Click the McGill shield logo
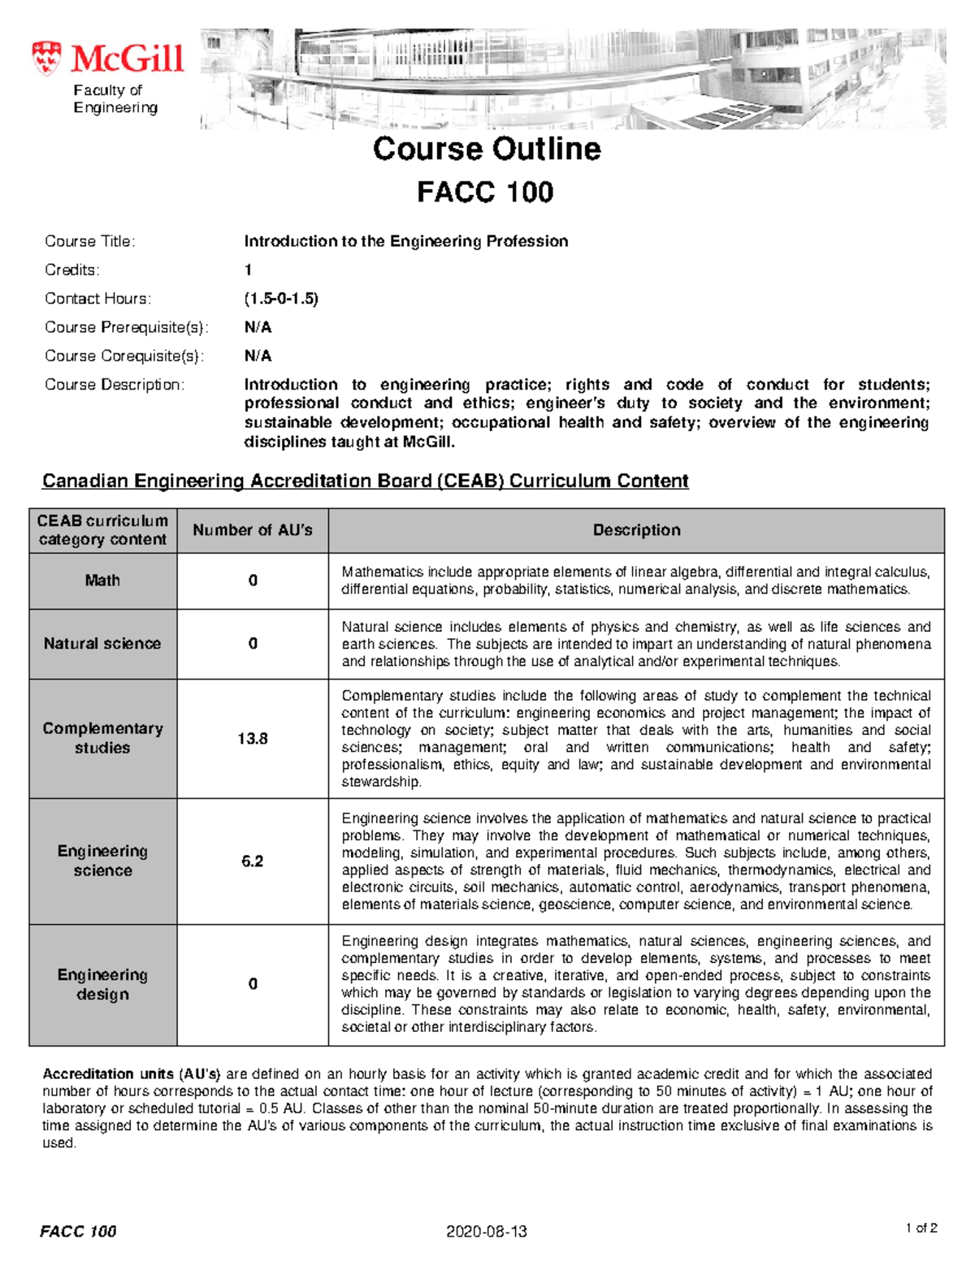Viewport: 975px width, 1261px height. click(x=46, y=58)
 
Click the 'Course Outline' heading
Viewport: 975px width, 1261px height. click(x=486, y=149)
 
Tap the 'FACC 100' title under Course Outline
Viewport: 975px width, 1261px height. click(x=485, y=192)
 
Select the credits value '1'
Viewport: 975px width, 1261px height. click(x=248, y=270)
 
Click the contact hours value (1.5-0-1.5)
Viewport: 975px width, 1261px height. click(x=281, y=299)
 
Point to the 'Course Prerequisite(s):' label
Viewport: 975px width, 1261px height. click(x=126, y=327)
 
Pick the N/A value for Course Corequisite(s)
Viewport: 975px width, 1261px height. click(x=258, y=356)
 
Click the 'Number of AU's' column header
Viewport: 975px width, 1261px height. click(x=252, y=530)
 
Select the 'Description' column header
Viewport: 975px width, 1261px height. click(x=636, y=530)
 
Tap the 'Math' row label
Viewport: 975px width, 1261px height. click(x=102, y=581)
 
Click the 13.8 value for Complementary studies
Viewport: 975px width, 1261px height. click(x=253, y=739)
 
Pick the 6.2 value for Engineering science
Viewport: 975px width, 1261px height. click(x=253, y=862)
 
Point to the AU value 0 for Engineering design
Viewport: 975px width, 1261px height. click(x=253, y=984)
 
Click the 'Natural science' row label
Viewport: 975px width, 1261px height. click(x=102, y=644)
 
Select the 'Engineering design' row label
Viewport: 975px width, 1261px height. click(x=102, y=984)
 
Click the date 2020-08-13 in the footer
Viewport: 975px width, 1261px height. click(x=486, y=1232)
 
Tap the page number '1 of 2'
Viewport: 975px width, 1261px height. click(x=921, y=1229)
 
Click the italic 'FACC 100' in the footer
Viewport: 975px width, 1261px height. click(x=78, y=1232)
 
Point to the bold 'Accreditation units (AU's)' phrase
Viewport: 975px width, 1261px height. click(x=132, y=1074)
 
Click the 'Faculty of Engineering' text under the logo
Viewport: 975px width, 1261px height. click(x=115, y=99)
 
